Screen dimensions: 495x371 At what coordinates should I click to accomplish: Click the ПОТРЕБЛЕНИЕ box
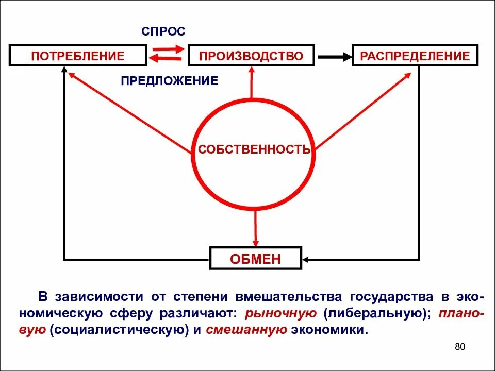coord(78,56)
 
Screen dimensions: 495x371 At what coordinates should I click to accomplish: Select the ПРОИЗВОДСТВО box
coord(251,56)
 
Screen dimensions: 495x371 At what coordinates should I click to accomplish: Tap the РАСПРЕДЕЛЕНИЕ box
coord(415,56)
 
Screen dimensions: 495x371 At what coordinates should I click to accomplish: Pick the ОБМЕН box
coord(255,259)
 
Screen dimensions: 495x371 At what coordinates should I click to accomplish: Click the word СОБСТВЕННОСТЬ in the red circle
coord(255,150)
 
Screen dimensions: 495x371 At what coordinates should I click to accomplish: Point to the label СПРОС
coord(163,31)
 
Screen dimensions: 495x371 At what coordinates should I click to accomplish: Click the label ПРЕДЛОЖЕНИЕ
coord(170,81)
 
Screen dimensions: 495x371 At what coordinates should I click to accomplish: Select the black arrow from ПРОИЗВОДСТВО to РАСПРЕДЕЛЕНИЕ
coord(333,56)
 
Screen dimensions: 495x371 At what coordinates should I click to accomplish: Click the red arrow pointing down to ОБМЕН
coord(255,227)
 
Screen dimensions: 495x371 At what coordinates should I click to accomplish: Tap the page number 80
coord(460,347)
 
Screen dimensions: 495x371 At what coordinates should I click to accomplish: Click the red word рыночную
coord(280,313)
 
